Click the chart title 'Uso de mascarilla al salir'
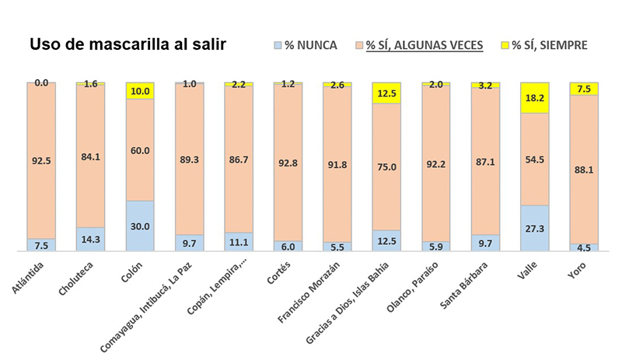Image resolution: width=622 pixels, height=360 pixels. (x=128, y=45)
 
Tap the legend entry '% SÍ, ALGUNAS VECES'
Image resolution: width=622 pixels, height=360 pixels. (x=424, y=46)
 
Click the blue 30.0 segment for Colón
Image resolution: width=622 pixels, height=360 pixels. (x=139, y=226)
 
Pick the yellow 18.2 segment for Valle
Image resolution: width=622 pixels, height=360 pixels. (x=534, y=98)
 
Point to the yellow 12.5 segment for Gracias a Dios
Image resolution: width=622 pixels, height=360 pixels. (x=386, y=93)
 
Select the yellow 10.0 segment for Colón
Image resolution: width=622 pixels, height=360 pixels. (x=139, y=90)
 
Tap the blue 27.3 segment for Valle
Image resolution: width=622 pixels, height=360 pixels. (x=534, y=229)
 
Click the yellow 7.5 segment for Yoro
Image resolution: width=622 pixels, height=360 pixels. (x=583, y=89)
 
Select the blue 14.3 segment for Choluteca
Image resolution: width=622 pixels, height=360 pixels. (x=90, y=239)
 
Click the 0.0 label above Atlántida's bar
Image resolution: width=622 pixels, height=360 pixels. (x=40, y=82)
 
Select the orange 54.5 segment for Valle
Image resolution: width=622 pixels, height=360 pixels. (x=534, y=159)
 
